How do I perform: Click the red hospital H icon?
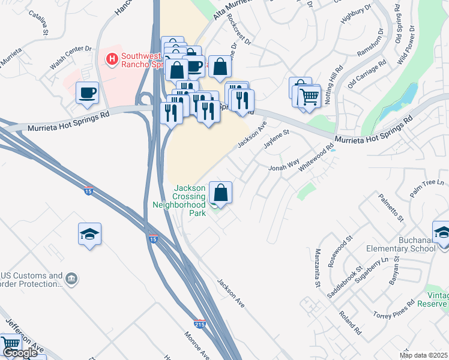111,59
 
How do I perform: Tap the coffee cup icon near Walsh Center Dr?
88,93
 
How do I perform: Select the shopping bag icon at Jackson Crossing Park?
221,193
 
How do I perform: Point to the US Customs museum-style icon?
71,278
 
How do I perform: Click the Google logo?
20,353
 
